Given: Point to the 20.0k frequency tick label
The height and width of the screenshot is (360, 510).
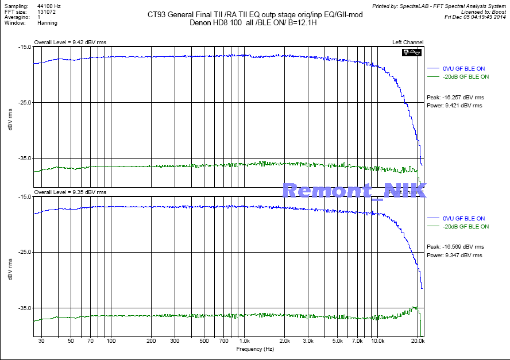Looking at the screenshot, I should point(418,341).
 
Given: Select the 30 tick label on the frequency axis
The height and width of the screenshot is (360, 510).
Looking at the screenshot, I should point(41,341).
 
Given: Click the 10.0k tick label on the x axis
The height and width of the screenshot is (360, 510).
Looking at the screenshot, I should point(377,341).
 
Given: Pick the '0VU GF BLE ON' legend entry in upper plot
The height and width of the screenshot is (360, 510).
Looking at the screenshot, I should point(463,69).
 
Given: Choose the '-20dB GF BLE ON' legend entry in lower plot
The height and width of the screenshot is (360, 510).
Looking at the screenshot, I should point(465,226).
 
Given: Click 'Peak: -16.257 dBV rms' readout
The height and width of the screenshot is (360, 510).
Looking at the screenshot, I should point(454,98).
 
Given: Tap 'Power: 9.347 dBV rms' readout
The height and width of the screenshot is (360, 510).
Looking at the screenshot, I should point(454,255).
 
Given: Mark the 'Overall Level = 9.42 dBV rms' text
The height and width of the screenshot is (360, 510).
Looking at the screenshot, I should point(70,42).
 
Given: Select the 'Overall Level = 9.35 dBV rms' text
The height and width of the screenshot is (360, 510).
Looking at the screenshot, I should point(70,192).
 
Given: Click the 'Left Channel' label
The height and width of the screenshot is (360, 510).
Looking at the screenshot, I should point(408,42).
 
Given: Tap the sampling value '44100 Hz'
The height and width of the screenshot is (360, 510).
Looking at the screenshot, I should point(49,5).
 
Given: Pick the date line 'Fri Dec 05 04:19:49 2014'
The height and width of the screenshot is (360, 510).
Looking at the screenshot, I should point(475,17).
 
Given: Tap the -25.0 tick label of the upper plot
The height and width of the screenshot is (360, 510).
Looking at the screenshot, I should point(24,103).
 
